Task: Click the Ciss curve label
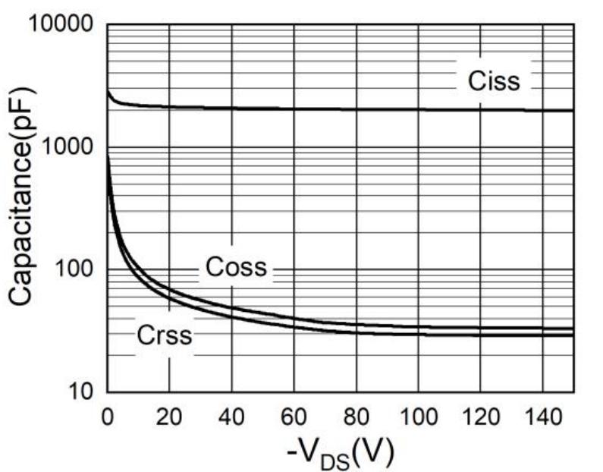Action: (494, 81)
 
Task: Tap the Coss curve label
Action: (236, 267)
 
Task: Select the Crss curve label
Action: (165, 335)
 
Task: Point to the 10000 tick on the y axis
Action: (61, 24)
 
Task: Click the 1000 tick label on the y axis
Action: (69, 146)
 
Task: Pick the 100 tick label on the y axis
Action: (76, 269)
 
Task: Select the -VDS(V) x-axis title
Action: (340, 452)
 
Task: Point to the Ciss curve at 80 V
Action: (356, 109)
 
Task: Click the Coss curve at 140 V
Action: (542, 329)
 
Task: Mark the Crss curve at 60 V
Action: (294, 325)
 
